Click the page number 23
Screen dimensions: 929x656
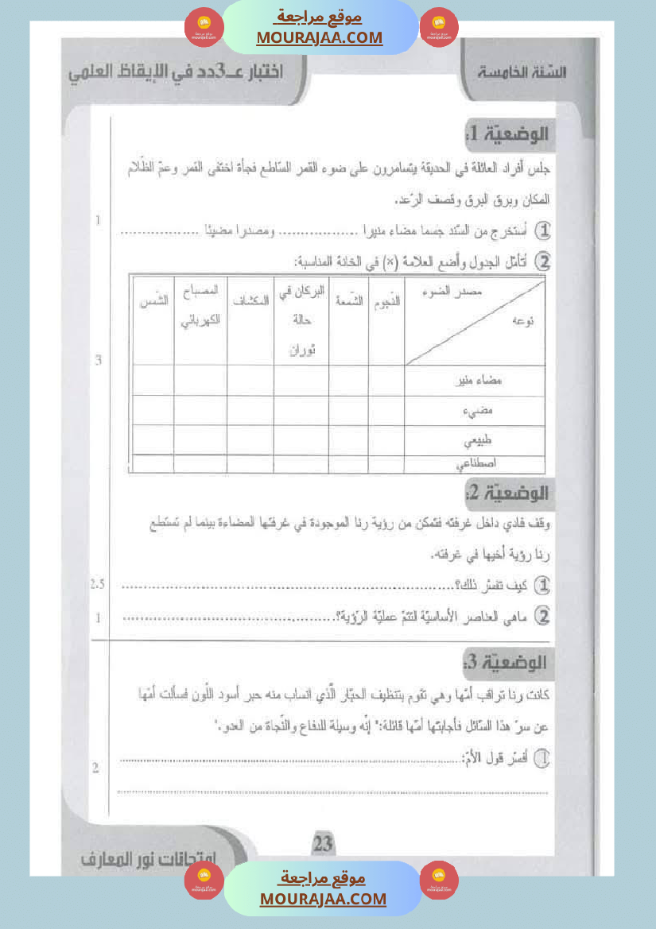click(x=324, y=843)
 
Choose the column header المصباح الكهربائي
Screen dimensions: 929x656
click(x=200, y=306)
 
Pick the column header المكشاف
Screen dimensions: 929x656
click(x=250, y=301)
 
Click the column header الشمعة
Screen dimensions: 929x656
click(x=348, y=301)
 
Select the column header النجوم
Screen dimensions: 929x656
click(x=386, y=301)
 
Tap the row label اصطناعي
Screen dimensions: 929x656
click(x=477, y=463)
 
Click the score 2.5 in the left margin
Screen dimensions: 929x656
click(x=98, y=585)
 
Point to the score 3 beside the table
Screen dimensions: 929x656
click(x=98, y=360)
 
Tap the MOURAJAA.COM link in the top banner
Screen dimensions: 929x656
click(x=320, y=37)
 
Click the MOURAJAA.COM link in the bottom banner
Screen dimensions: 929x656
click(x=323, y=899)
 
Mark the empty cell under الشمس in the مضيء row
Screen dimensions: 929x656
click(x=153, y=410)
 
